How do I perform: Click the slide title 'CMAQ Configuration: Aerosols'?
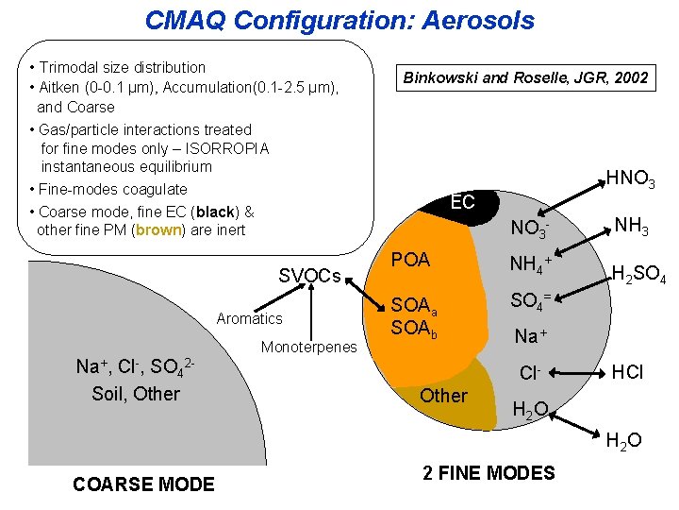click(339, 20)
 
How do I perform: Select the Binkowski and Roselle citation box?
click(525, 78)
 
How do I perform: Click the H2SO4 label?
click(639, 276)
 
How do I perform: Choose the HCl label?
click(628, 372)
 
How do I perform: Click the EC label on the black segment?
click(462, 201)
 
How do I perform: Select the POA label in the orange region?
click(410, 260)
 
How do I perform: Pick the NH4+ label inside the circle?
click(529, 264)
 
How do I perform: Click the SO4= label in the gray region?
click(530, 301)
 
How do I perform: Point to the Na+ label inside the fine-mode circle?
click(529, 336)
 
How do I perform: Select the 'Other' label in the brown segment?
click(443, 396)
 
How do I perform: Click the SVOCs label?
click(309, 276)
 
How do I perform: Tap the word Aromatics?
click(249, 319)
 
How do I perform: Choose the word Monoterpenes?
click(308, 347)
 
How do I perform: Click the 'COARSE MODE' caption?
click(143, 484)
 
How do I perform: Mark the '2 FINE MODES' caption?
click(489, 473)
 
